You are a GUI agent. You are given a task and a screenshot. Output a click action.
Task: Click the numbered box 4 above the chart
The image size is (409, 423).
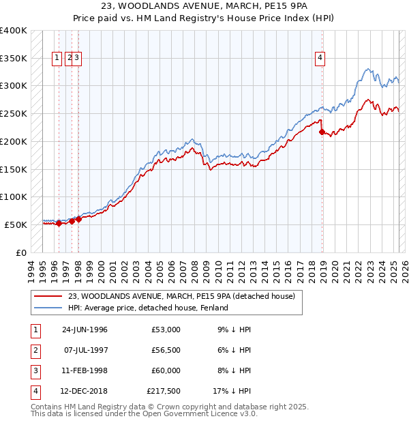pyautogui.click(x=320, y=59)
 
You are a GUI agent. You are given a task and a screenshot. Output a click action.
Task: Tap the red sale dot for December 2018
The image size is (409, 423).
pyautogui.click(x=322, y=132)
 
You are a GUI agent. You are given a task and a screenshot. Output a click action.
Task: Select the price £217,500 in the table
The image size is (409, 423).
pyautogui.click(x=164, y=391)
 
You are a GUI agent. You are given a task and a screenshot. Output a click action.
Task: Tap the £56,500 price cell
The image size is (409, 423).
pyautogui.click(x=166, y=350)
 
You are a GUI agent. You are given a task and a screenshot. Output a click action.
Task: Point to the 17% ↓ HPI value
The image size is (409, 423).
pyautogui.click(x=232, y=391)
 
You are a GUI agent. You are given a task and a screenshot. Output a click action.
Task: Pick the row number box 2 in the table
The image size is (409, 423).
pyautogui.click(x=34, y=350)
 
